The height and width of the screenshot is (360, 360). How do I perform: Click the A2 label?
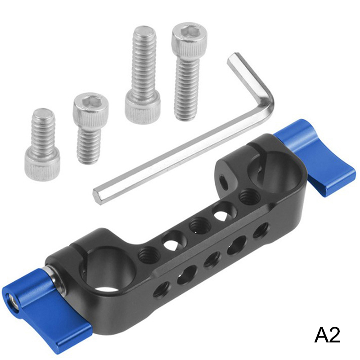click(327, 335)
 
